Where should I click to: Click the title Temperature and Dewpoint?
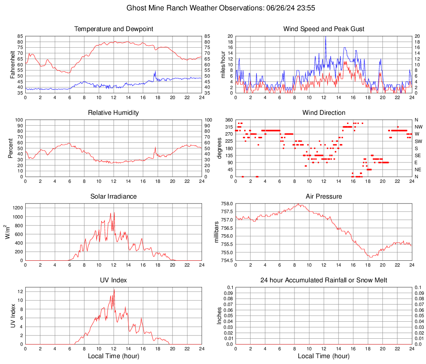coord(114,29)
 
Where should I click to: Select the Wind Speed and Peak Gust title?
coord(324,29)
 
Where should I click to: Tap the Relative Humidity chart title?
coord(114,113)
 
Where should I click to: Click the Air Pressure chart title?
coord(324,197)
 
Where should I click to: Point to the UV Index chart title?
coord(114,280)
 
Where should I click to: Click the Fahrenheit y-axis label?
coord(13,64)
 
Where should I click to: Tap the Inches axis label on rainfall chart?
coord(220,316)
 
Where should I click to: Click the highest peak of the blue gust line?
coord(326,37)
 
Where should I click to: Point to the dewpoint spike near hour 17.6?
coord(155,72)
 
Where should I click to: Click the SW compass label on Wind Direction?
coord(418,141)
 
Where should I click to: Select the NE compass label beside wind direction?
coord(418,170)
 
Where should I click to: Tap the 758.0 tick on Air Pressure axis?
coord(226,204)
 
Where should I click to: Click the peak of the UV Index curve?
coord(114,289)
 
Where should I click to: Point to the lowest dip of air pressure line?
coord(370,257)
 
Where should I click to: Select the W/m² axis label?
coord(8,232)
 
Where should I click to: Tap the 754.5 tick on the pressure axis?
coord(226,260)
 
